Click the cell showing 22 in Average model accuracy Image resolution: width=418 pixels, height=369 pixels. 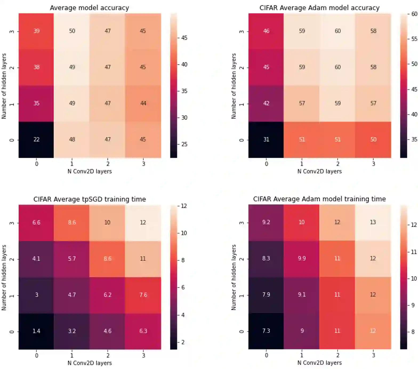36,139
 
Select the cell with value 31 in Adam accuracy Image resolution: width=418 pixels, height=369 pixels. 266,139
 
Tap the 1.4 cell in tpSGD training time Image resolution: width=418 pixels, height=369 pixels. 36,331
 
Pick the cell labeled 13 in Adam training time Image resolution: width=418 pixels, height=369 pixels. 373,222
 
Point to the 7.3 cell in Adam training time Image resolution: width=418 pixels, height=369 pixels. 266,331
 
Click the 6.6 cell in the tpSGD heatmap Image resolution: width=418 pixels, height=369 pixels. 36,222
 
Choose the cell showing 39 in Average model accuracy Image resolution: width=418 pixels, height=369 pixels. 36,31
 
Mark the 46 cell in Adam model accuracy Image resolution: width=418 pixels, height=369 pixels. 266,31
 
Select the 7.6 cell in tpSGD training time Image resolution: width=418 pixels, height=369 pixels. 143,295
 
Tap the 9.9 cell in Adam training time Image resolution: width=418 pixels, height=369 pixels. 302,258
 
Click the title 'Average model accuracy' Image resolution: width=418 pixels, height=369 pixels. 89,8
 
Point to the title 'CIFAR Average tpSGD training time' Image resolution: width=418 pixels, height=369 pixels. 90,199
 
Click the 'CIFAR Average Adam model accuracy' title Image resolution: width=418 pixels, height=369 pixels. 319,8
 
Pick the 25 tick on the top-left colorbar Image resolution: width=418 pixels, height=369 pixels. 184,144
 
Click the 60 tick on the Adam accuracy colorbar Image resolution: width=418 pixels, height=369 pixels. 414,14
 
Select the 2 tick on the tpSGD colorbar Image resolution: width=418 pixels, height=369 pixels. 183,342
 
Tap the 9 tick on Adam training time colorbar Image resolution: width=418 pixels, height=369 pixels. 413,305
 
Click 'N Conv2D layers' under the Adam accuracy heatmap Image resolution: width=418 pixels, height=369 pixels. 319,171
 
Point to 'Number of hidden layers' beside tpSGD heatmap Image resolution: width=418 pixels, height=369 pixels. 4,277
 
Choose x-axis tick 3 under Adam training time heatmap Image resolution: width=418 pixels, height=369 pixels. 373,355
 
